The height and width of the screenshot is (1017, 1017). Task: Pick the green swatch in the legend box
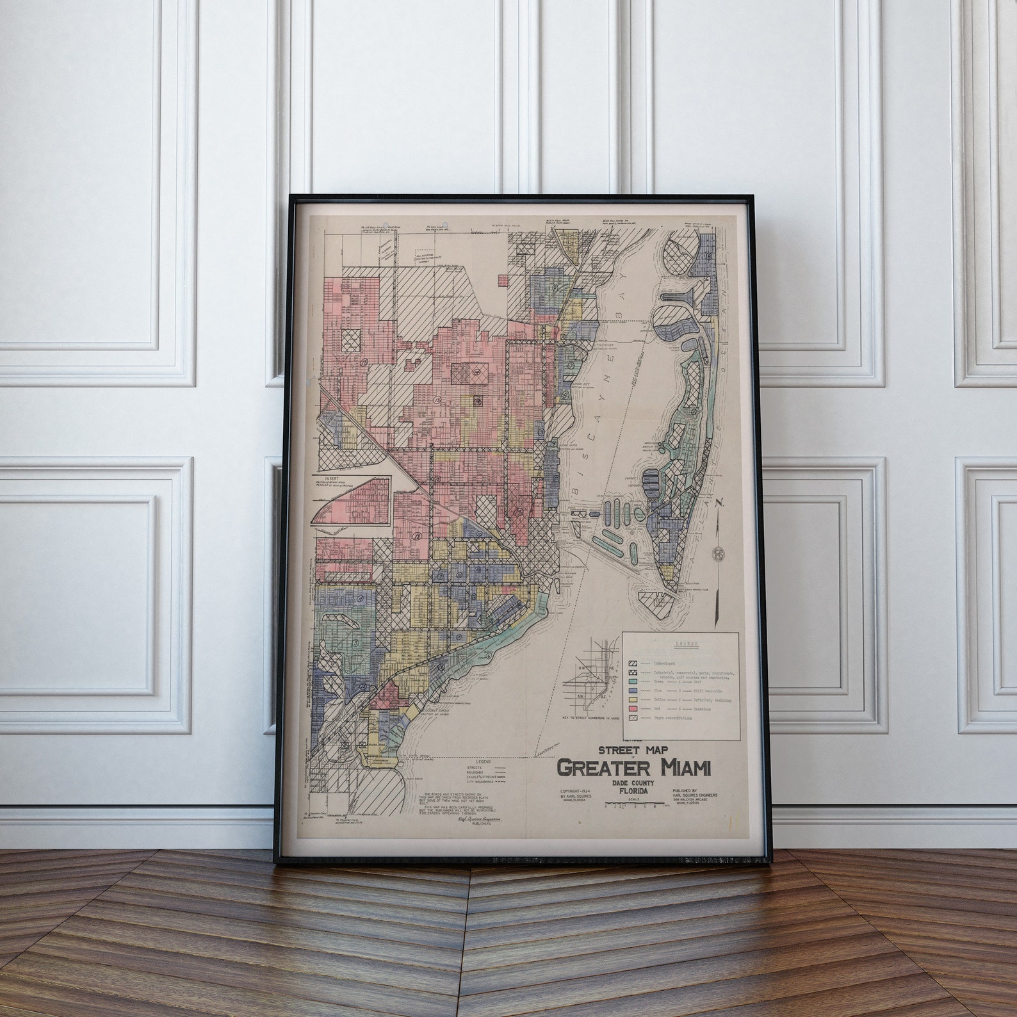click(633, 681)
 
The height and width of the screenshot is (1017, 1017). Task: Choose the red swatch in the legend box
click(633, 710)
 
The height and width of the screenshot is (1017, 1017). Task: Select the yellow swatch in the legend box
click(633, 700)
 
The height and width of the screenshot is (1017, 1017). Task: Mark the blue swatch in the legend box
click(633, 691)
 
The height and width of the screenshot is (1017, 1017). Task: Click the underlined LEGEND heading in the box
click(681, 642)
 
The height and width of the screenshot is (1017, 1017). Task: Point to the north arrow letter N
click(721, 502)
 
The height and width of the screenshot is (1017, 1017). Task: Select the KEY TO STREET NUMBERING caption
click(594, 719)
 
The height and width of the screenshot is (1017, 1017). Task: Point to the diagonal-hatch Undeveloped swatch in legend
click(633, 664)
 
